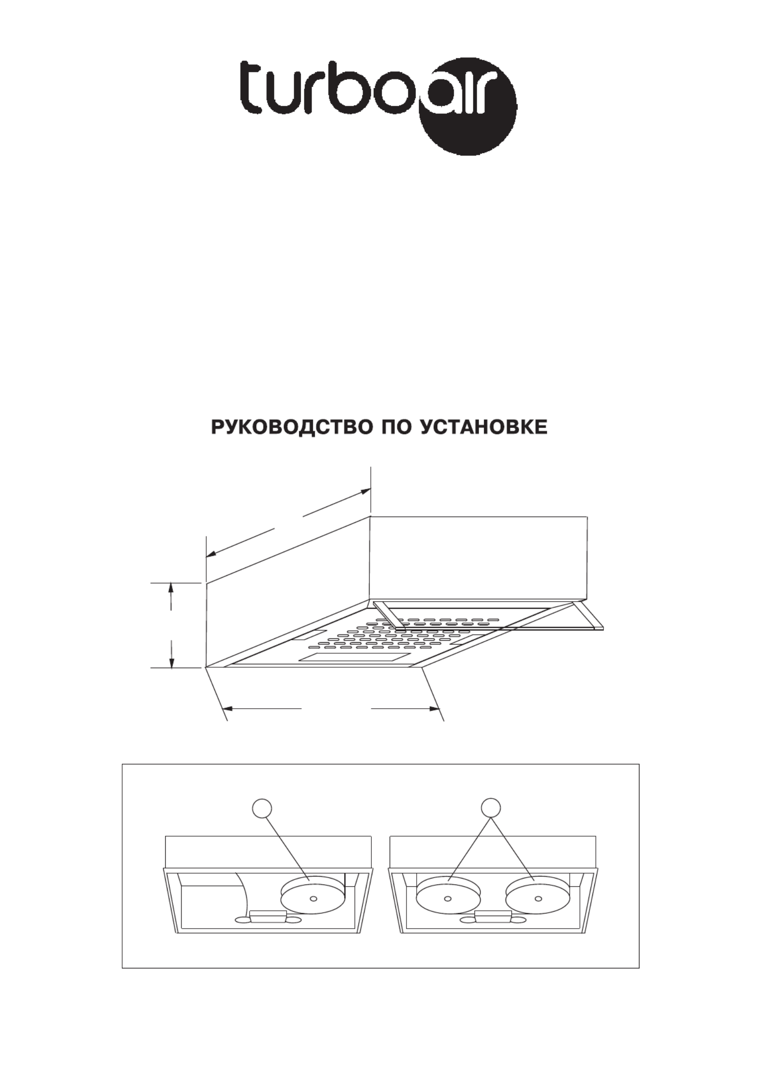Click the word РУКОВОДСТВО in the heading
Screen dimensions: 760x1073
click(293, 428)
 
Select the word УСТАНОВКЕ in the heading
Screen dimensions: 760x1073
click(484, 427)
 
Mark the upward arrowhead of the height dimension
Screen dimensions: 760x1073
click(171, 588)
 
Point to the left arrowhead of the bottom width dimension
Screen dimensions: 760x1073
click(227, 709)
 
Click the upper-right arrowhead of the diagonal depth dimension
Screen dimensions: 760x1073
click(366, 491)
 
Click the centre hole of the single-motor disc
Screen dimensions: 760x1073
click(314, 898)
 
